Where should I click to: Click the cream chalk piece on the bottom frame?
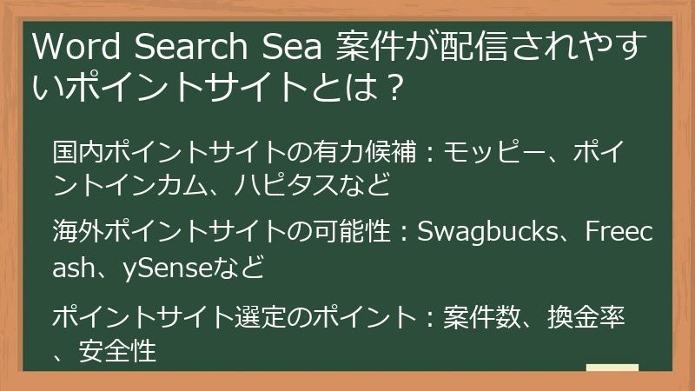[x=612, y=368]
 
